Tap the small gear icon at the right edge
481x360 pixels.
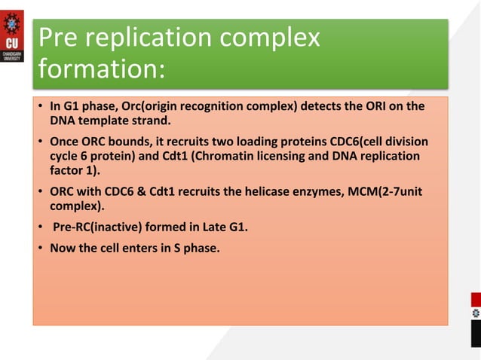[x=475, y=312]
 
